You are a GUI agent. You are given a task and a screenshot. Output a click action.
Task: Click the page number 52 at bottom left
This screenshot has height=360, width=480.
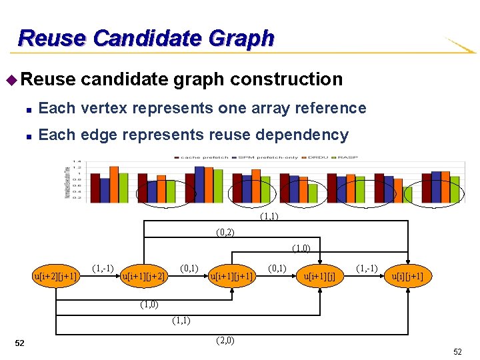point(20,343)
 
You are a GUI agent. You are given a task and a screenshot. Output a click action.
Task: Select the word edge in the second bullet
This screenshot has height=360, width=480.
point(96,135)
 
